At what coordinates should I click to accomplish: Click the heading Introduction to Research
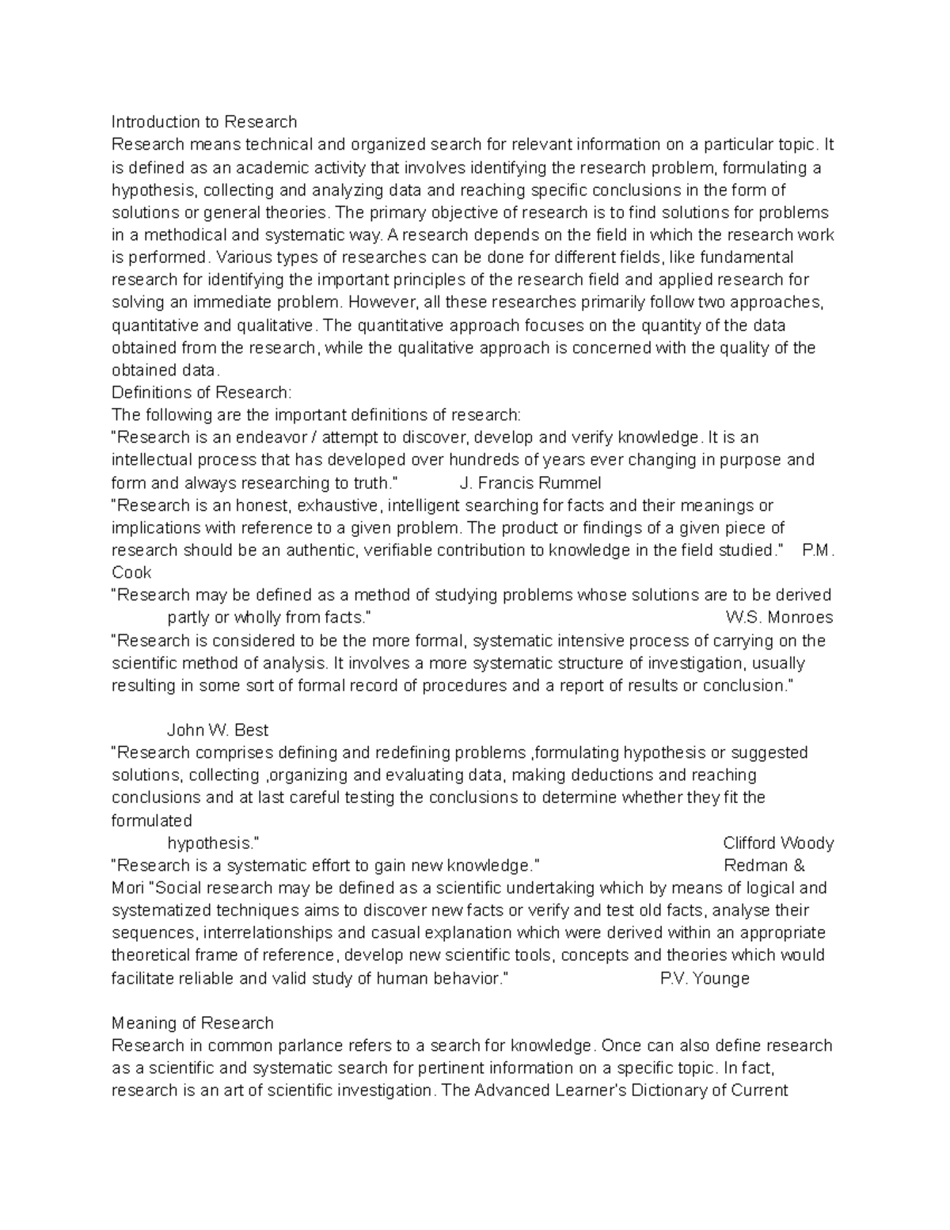tap(204, 122)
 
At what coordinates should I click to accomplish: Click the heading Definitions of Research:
tap(202, 393)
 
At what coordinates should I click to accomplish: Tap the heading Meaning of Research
tap(192, 1023)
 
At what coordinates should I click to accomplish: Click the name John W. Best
tap(218, 730)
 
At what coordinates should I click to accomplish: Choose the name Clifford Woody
tap(778, 843)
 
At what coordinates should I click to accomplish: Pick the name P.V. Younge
tap(704, 979)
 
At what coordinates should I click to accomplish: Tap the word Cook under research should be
tap(131, 573)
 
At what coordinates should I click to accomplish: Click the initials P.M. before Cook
tap(818, 550)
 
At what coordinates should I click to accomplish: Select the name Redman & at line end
tap(764, 866)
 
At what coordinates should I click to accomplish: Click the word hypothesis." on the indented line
tap(214, 843)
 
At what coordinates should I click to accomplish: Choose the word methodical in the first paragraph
tap(177, 235)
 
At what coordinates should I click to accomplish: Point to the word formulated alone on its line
tap(151, 821)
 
